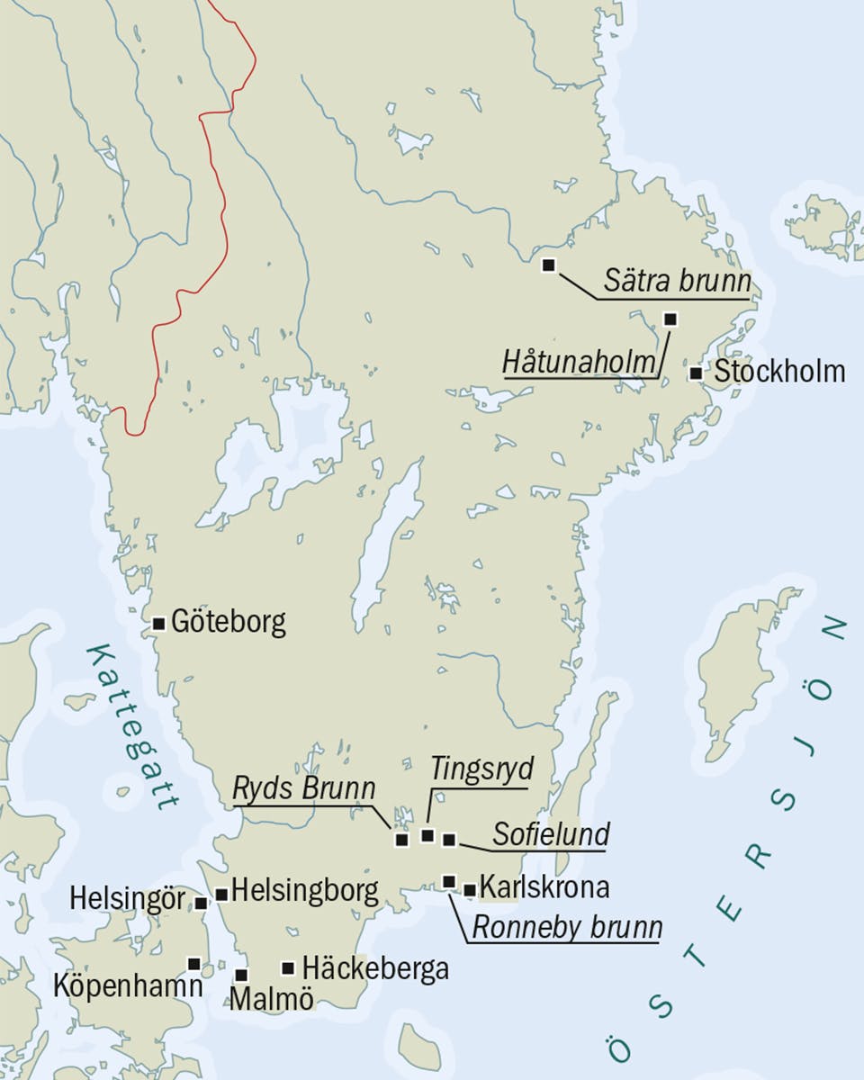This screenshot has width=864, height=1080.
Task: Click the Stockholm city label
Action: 779,371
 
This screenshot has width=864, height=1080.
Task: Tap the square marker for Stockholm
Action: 696,373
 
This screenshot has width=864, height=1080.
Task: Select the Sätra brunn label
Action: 677,283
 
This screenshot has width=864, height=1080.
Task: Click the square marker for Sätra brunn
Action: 548,265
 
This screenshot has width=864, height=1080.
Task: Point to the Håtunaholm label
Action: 579,364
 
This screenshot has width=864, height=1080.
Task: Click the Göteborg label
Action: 228,622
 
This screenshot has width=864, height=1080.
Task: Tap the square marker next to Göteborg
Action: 159,623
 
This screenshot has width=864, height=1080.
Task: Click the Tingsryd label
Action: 481,769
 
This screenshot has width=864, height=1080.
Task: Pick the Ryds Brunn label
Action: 304,789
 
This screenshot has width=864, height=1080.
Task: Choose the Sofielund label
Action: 551,834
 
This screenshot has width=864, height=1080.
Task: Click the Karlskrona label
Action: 544,886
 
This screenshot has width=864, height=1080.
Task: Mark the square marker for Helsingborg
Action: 221,894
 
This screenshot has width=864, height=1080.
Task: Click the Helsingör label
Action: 127,899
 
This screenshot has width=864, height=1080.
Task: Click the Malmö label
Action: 272,998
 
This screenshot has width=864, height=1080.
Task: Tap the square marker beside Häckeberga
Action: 288,968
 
